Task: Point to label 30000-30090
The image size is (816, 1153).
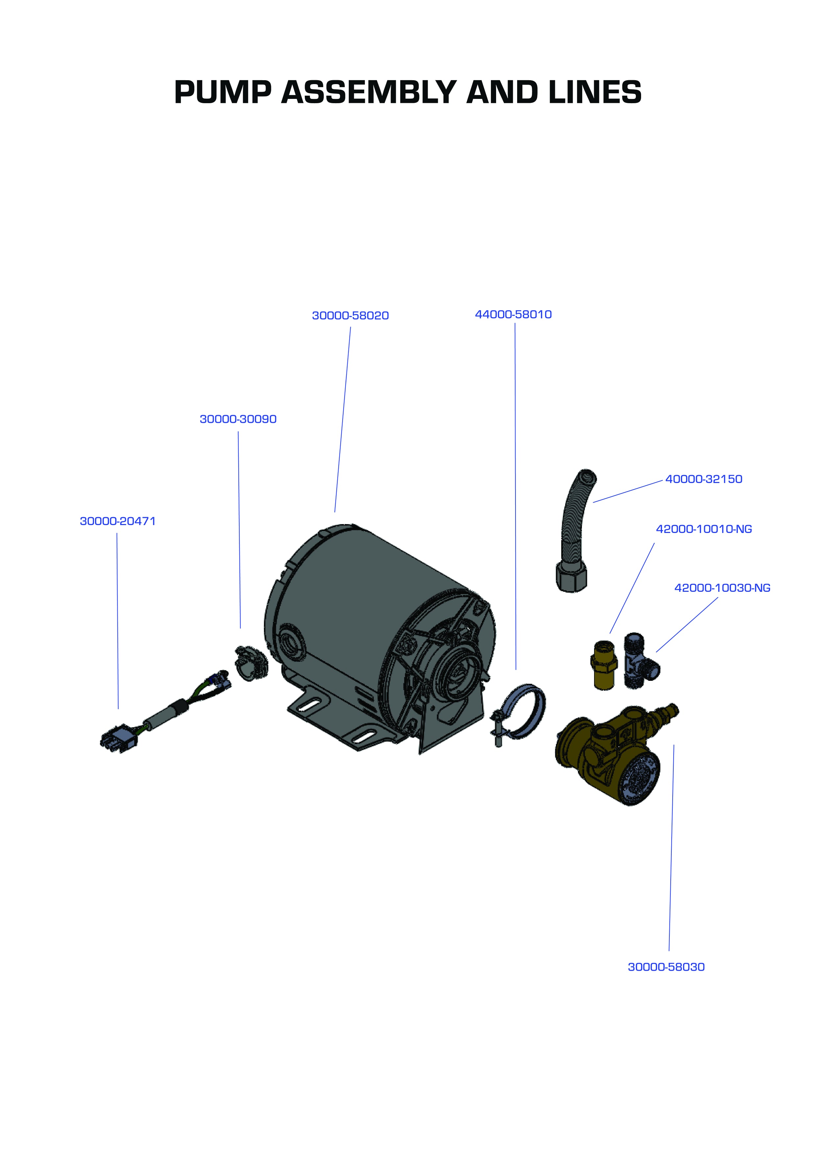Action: (x=238, y=419)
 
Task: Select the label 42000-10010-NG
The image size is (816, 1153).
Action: (x=704, y=529)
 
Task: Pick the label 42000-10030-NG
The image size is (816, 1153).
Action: (x=722, y=588)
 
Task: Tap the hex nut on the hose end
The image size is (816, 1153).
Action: (x=572, y=579)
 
